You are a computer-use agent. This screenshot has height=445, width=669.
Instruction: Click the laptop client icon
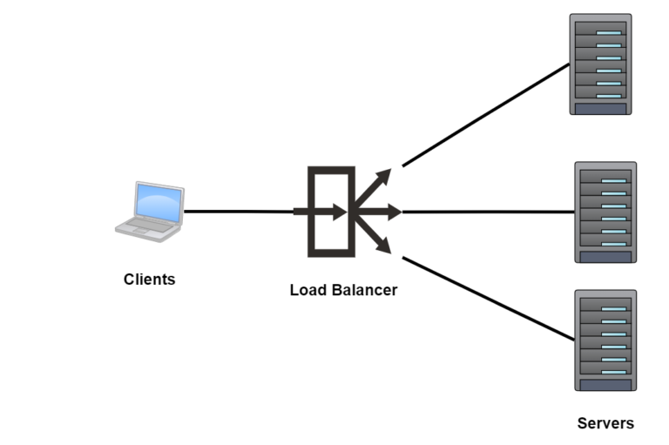(150, 211)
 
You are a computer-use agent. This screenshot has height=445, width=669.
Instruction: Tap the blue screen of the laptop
(159, 203)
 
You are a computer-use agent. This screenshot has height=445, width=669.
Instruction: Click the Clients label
(149, 280)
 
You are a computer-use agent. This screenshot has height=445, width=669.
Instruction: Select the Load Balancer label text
(343, 290)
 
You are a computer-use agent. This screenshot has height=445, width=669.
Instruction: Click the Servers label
(605, 423)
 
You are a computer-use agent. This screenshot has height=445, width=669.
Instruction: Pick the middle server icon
(605, 212)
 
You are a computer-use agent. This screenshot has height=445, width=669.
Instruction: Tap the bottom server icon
(605, 340)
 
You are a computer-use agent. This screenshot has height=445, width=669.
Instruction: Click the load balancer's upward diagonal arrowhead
(384, 177)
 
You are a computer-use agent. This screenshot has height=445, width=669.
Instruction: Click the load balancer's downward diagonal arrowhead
(384, 246)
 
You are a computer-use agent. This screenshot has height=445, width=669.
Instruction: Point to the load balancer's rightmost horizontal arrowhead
(393, 212)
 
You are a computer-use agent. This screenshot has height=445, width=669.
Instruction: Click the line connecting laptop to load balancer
(240, 211)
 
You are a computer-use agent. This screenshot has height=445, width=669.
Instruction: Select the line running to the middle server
(488, 211)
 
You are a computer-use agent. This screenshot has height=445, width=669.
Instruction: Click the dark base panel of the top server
(600, 108)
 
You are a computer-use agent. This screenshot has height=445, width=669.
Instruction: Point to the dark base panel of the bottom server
(605, 384)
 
